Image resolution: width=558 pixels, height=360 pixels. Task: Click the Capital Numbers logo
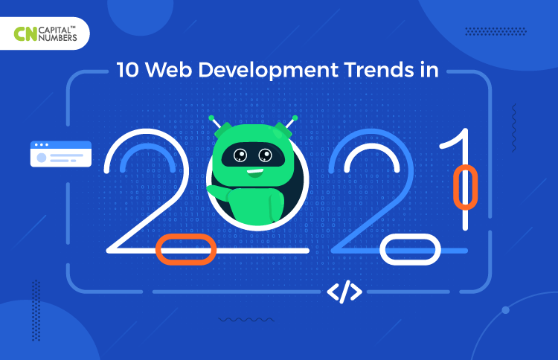[45, 33]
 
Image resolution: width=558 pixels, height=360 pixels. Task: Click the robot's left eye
[241, 155]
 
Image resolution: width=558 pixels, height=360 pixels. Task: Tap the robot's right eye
[265, 155]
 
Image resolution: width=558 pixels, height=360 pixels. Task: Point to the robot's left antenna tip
[211, 118]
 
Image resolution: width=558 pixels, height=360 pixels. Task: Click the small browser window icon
[60, 154]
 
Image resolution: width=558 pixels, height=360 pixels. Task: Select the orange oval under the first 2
[186, 250]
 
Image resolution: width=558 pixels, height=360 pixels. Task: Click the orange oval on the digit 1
[465, 187]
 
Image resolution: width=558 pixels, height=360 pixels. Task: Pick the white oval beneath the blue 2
[405, 250]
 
